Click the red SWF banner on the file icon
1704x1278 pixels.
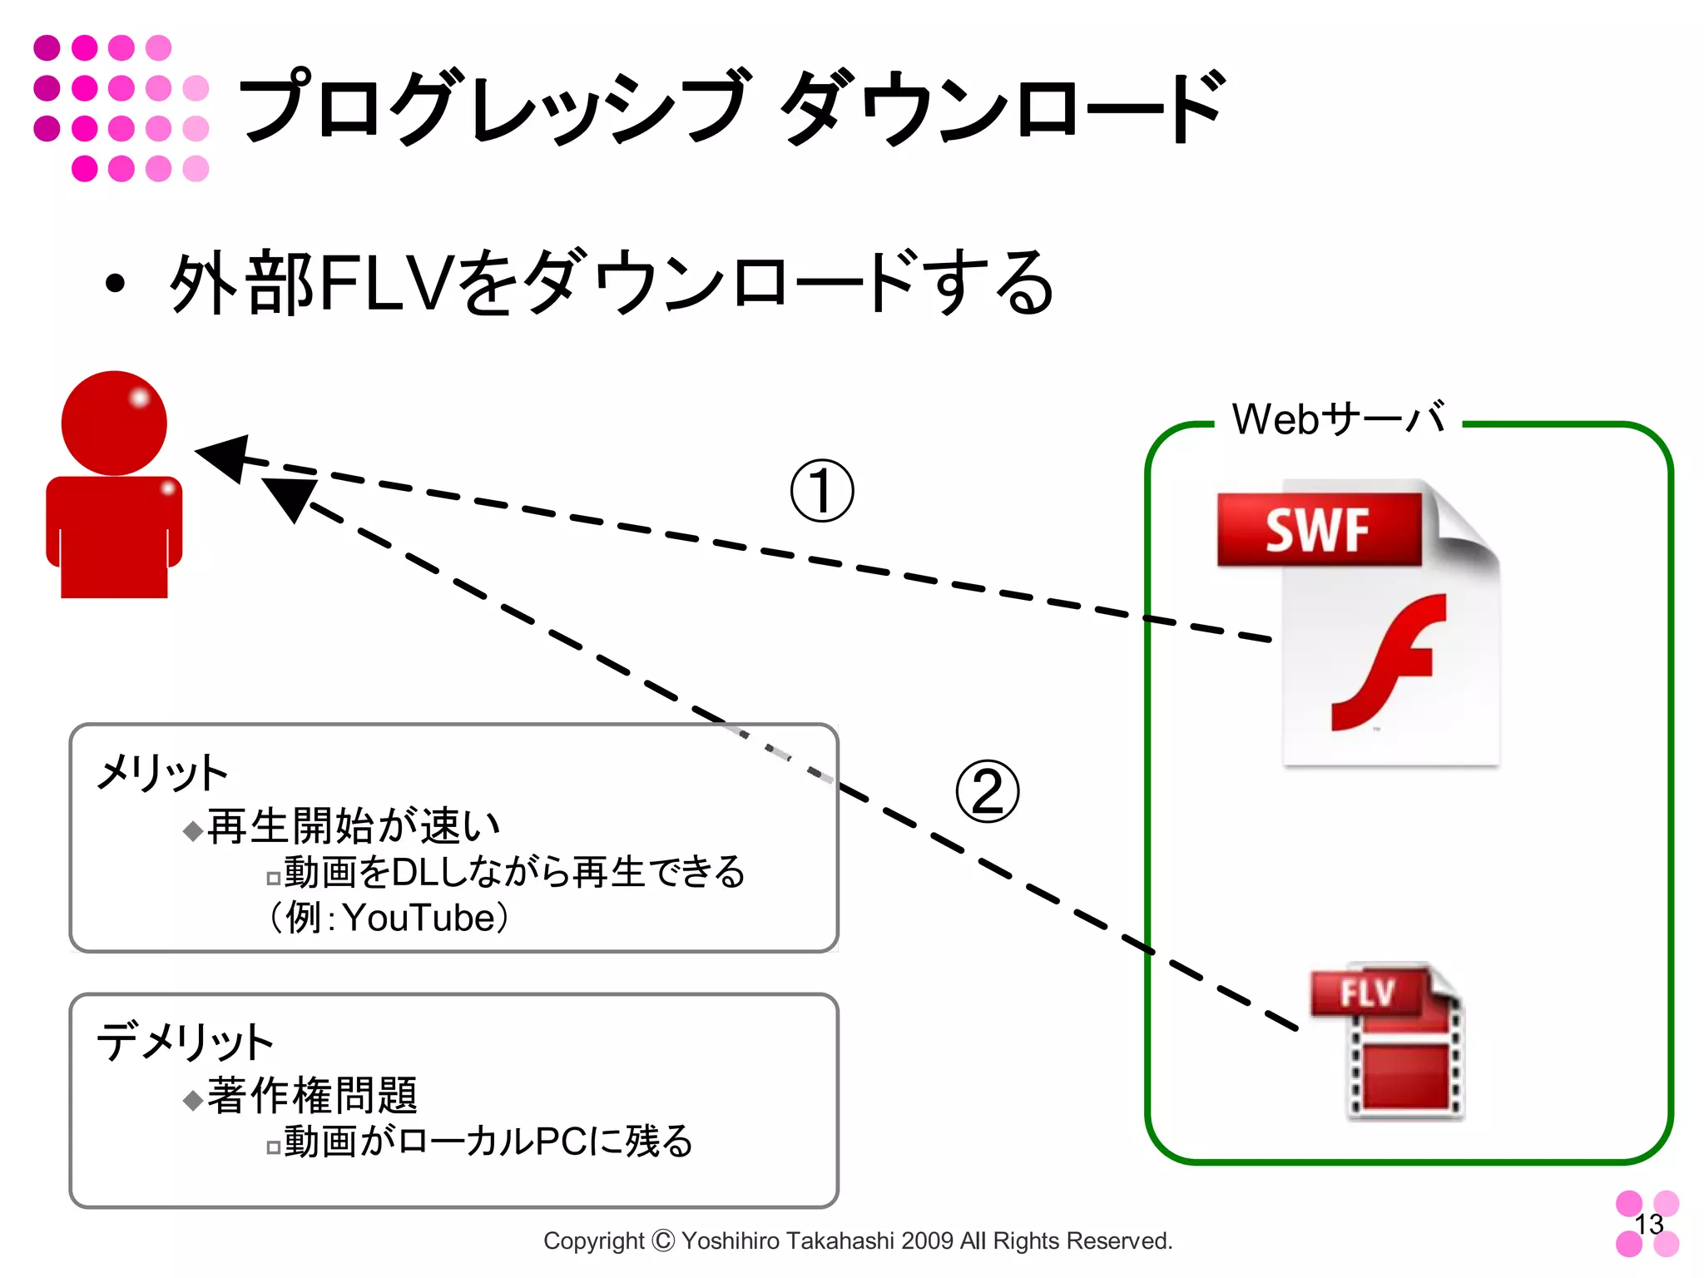1319,530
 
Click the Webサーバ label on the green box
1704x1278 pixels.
1338,419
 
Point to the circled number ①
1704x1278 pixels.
822,491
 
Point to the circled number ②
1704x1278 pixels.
987,791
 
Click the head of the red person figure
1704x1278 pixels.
114,424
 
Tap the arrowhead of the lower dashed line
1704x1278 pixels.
290,497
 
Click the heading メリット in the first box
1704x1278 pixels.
162,773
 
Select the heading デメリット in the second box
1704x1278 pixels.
185,1042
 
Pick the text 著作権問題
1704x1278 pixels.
312,1096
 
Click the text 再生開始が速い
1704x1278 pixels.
354,826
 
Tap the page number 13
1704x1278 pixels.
1648,1224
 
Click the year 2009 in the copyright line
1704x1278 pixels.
927,1241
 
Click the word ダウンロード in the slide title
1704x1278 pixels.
1003,108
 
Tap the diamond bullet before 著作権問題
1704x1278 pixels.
193,1100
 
